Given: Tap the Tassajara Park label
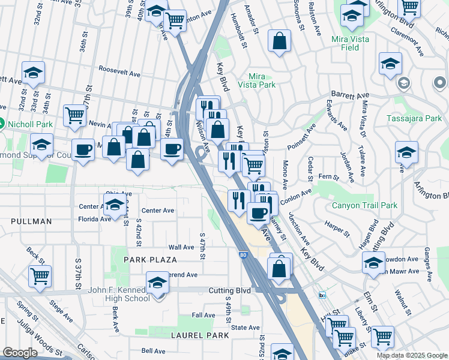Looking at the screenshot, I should pyautogui.click(x=422, y=118).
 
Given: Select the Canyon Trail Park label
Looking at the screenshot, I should pyautogui.click(x=365, y=206).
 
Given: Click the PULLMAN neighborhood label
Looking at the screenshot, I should pyautogui.click(x=31, y=221).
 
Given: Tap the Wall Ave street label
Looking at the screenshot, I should pyautogui.click(x=181, y=247).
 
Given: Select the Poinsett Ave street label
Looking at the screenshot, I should pyautogui.click(x=302, y=137).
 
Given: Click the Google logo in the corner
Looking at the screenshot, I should pyautogui.click(x=20, y=353).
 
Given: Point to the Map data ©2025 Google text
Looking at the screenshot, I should pyautogui.click(x=412, y=355).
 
